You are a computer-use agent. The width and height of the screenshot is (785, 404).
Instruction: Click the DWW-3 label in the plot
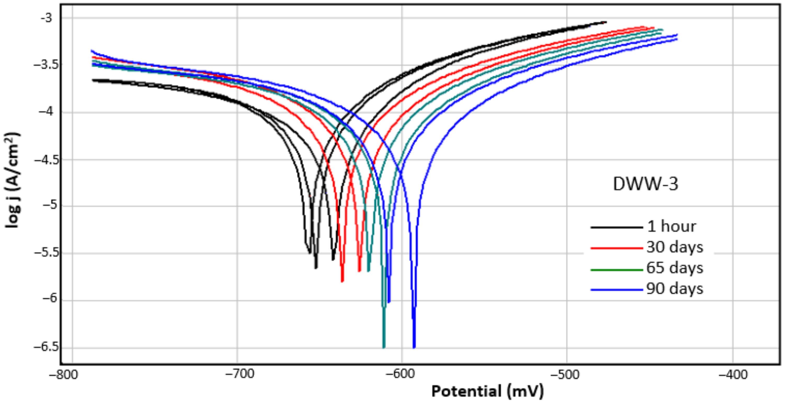click(x=645, y=184)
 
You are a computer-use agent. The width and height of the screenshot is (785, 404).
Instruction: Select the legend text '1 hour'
click(x=671, y=226)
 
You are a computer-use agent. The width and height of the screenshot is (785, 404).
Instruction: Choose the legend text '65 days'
click(x=675, y=268)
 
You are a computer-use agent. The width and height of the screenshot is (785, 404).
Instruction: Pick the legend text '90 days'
click(x=675, y=289)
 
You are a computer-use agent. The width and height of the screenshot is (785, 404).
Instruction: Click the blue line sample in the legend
click(x=616, y=290)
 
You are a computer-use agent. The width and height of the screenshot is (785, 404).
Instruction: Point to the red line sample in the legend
click(x=616, y=248)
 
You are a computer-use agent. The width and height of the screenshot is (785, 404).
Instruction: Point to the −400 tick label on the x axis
click(x=733, y=374)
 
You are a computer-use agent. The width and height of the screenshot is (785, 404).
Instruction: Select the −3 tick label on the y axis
click(x=46, y=18)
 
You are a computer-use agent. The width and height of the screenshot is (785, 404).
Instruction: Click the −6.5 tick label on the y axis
click(x=46, y=347)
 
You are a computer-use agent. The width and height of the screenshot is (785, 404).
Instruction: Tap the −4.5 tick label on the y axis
click(x=46, y=160)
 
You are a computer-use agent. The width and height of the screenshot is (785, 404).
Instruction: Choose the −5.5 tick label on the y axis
click(x=46, y=253)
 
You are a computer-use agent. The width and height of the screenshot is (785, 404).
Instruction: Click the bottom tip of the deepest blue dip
click(x=414, y=347)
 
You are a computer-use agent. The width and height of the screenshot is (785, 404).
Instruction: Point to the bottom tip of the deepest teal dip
click(x=384, y=347)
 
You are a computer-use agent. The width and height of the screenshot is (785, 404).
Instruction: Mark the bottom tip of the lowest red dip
click(x=342, y=281)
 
